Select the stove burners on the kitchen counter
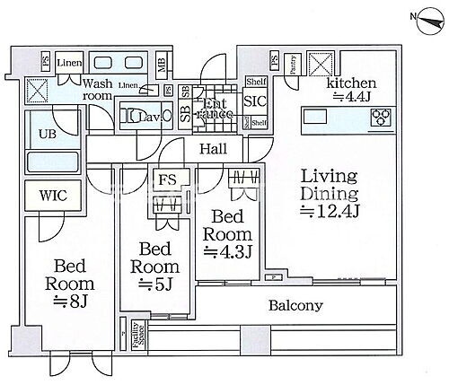pos(381,117)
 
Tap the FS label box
pos(168,179)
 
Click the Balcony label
pos(295,306)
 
